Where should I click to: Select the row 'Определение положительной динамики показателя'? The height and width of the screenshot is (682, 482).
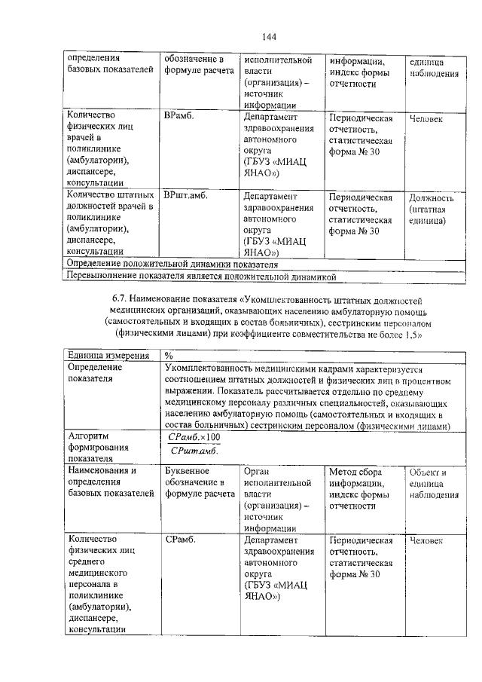[172, 265]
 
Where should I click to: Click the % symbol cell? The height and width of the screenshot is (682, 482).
[169, 354]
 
